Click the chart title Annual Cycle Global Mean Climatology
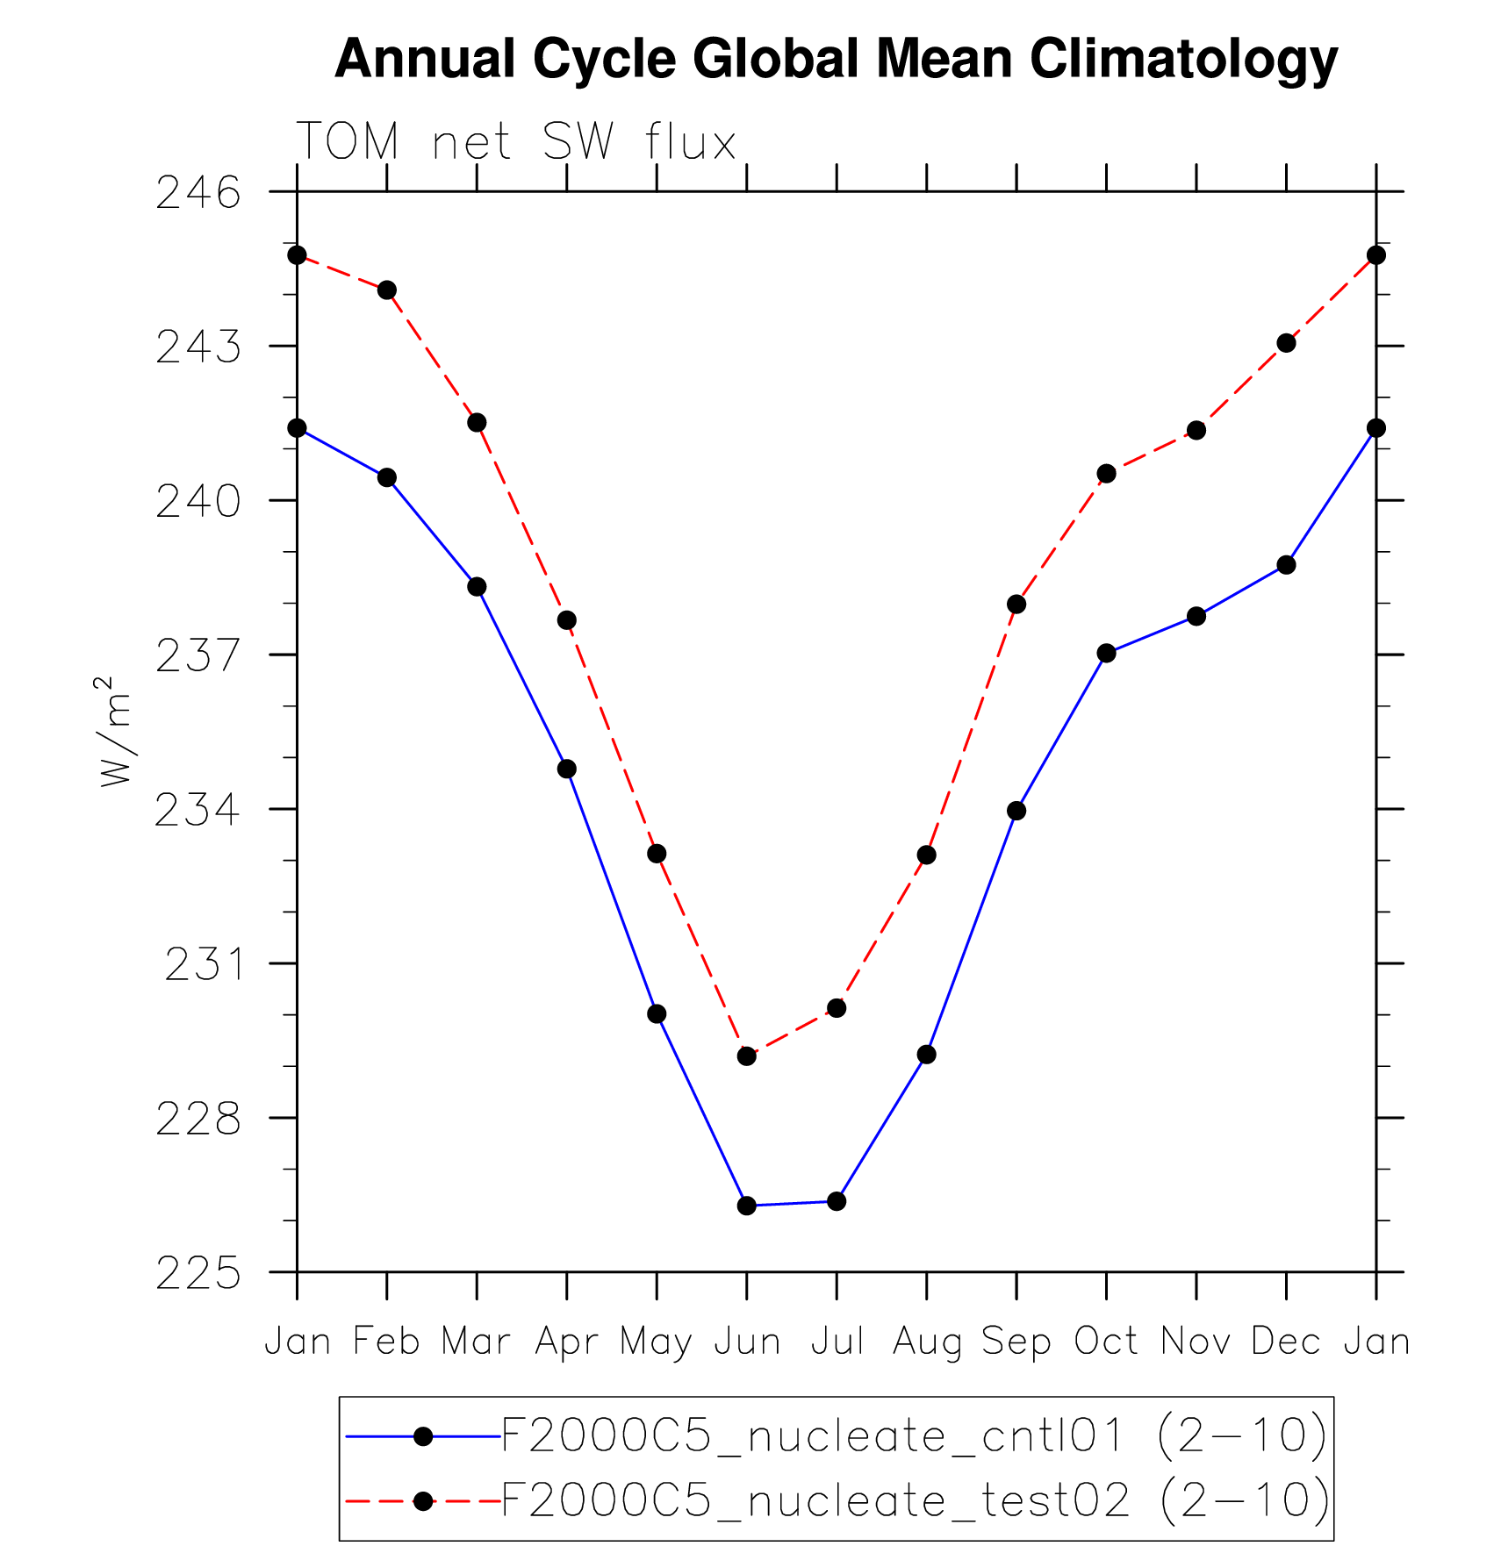point(836,60)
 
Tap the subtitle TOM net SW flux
point(516,142)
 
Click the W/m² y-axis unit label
point(114,732)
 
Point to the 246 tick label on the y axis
point(198,193)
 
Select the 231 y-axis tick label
point(203,965)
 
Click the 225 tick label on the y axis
point(198,1274)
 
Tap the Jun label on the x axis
point(747,1342)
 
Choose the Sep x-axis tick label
point(1016,1342)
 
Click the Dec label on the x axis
point(1286,1342)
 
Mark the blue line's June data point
point(747,1206)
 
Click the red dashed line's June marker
point(747,1056)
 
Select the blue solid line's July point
point(837,1201)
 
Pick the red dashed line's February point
point(387,290)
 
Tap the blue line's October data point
point(1106,653)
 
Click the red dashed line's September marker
point(1016,604)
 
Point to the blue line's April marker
point(567,769)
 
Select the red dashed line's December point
point(1286,343)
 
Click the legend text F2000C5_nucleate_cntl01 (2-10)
point(914,1436)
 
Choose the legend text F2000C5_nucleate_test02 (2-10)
point(916,1501)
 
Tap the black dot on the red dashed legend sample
point(423,1501)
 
